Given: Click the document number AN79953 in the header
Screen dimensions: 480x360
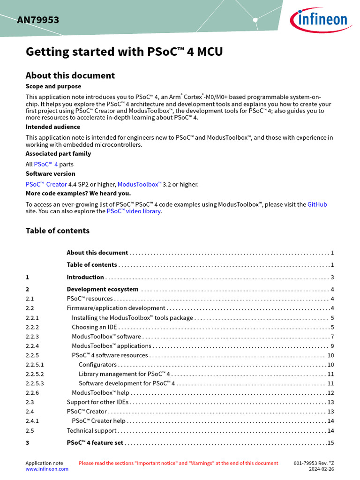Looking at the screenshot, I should [x=38, y=20].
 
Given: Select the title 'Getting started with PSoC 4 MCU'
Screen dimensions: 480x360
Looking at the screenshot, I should [x=124, y=52].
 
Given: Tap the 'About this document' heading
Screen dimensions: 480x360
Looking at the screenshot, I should [x=70, y=75].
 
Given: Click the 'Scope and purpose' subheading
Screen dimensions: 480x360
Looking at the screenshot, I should [x=53, y=86].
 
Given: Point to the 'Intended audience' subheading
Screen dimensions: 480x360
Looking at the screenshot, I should [x=52, y=127].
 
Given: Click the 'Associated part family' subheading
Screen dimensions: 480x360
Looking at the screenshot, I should [x=58, y=153].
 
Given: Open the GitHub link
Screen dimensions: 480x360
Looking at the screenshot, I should [x=317, y=204].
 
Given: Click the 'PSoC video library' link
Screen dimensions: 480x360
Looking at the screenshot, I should [x=134, y=211].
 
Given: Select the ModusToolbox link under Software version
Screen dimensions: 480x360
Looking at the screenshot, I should [x=139, y=184].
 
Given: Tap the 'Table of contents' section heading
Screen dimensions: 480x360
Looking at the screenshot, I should [x=57, y=231].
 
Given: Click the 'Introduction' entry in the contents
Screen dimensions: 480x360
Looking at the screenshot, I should [x=85, y=277].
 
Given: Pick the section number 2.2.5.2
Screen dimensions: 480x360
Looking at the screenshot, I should [x=35, y=374].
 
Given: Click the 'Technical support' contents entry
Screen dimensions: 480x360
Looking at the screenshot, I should [x=91, y=430].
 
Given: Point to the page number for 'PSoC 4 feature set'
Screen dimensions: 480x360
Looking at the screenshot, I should [x=330, y=442].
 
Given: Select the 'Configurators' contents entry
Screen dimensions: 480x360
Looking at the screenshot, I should [x=97, y=365].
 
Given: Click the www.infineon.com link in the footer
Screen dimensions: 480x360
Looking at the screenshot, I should [x=46, y=469].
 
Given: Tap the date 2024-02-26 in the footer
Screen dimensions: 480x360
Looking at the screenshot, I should [x=321, y=469].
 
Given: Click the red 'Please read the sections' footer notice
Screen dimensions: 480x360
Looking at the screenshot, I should [x=178, y=463].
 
